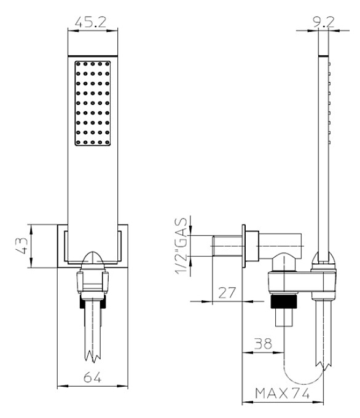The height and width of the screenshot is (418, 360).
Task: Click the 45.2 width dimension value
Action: pos(90,22)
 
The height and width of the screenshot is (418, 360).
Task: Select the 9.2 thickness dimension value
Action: pos(323,22)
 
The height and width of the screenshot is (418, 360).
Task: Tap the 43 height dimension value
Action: pos(22,246)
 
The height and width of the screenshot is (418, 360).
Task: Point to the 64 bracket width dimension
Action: pos(92,377)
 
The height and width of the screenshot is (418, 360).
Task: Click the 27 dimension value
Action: pos(227,292)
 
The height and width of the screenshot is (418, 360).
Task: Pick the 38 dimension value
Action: pos(263,343)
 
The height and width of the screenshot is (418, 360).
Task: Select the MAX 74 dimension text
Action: pos(283,393)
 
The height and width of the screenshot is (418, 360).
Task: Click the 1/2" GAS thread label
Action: pos(181,246)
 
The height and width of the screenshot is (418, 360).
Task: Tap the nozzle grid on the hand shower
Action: pos(93,104)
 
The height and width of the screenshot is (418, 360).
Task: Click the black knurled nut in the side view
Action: pos(283,301)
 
